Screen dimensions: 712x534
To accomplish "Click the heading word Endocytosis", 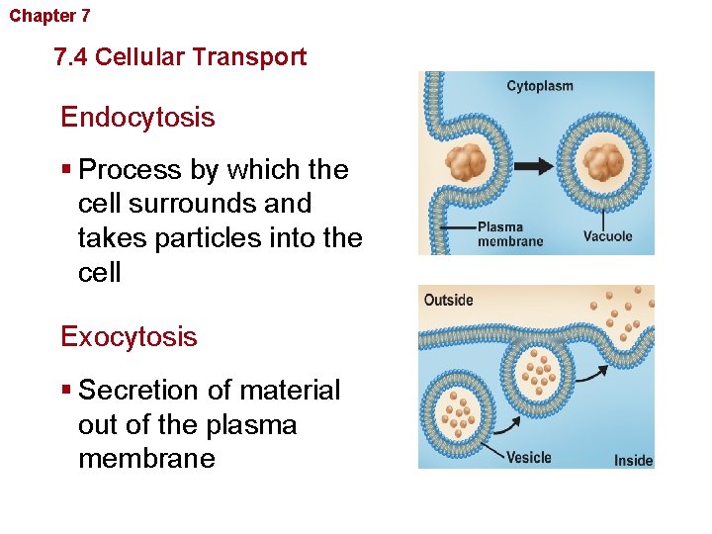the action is [x=137, y=118].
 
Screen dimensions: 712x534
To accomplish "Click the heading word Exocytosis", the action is [x=129, y=337].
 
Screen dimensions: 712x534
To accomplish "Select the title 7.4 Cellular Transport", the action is [x=180, y=57].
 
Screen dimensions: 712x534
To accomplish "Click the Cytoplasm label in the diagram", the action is [x=539, y=86].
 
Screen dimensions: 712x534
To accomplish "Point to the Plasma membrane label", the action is [x=510, y=234].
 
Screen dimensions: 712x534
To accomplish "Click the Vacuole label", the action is [x=607, y=236].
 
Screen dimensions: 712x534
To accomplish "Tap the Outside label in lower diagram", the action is [x=448, y=300].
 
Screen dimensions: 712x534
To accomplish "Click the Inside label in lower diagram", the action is [x=633, y=460].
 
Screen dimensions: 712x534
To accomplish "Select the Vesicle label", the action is [x=529, y=458].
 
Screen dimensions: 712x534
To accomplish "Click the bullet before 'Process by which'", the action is [x=66, y=171].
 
